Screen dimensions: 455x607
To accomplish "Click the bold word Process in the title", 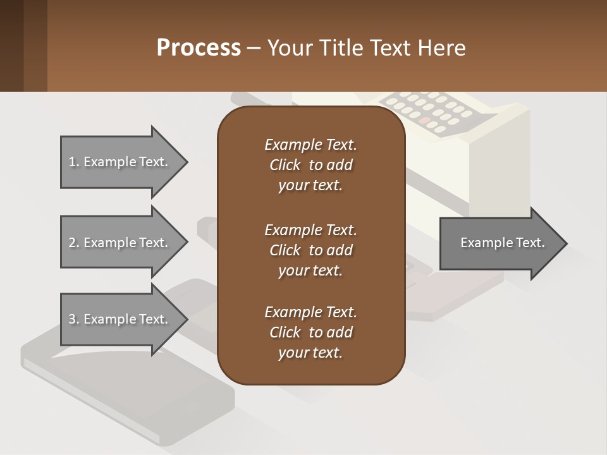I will pos(199,48).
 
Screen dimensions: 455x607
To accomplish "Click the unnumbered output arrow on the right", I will pos(500,243).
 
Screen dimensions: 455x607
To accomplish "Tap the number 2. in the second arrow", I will pos(74,243).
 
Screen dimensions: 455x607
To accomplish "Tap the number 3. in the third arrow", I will pos(74,319).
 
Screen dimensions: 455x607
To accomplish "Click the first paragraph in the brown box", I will pos(310,165).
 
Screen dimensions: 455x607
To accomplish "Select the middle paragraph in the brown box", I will pos(310,250).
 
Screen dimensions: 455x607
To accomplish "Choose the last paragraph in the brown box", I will pos(310,332).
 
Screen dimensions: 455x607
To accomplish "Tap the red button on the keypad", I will pos(425,120).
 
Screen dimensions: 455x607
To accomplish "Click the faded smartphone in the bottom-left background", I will pos(126,379).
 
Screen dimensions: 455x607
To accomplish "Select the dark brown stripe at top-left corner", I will pos(11,45).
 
